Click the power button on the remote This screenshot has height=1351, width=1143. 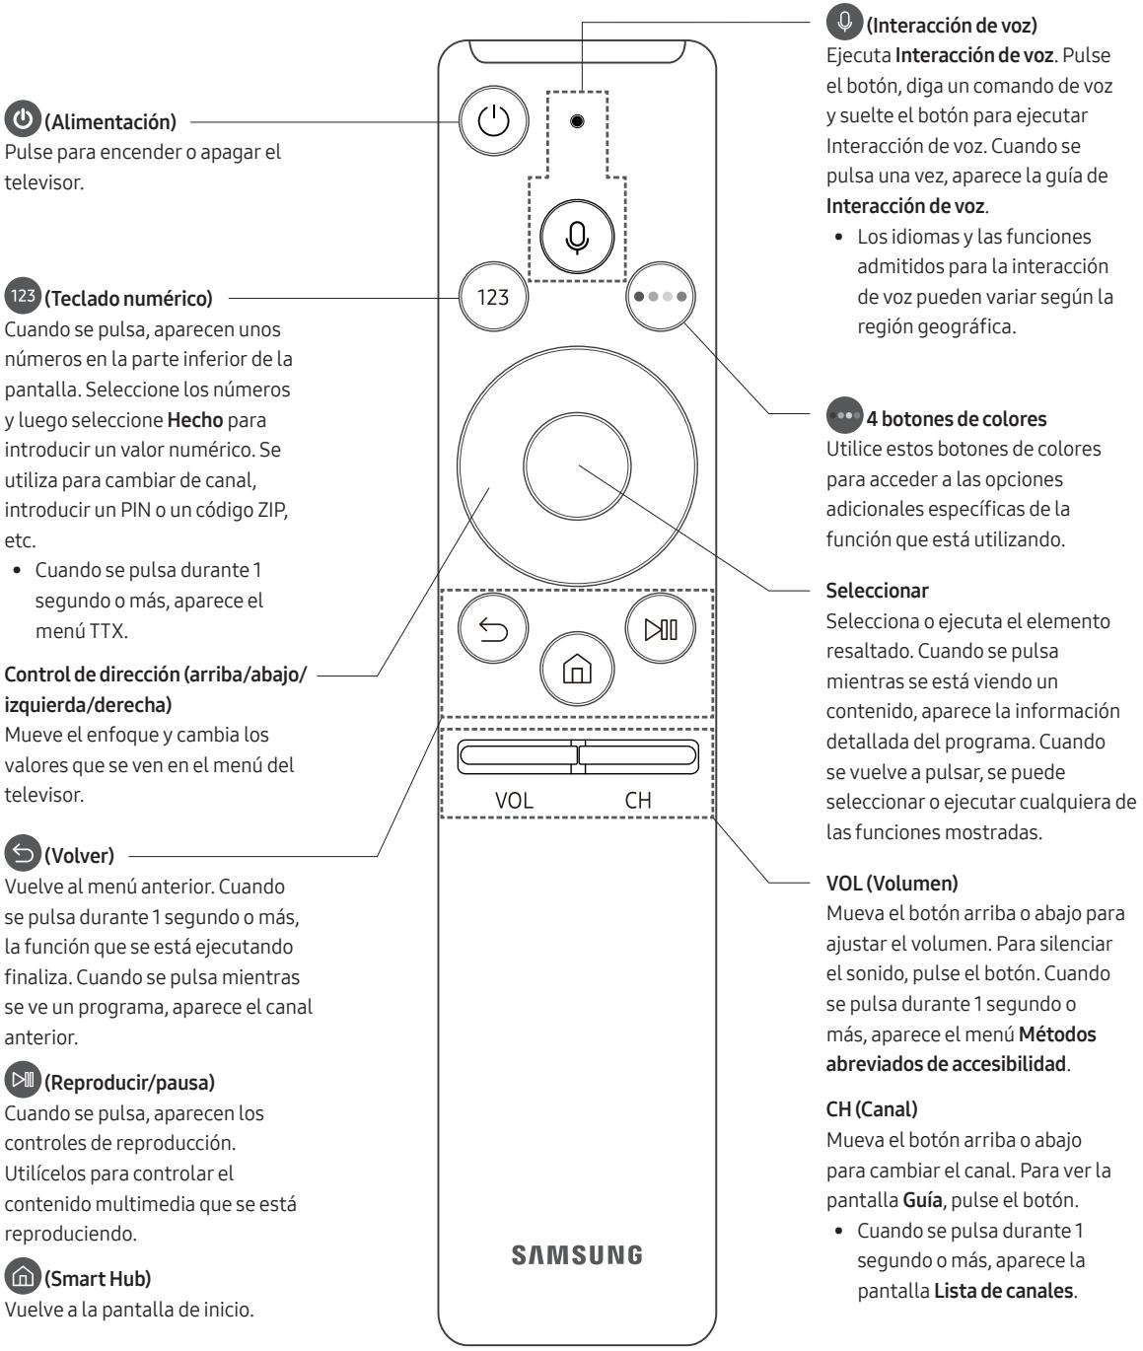click(494, 122)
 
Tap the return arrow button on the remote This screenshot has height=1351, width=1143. click(493, 629)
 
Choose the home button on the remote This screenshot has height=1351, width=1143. click(577, 674)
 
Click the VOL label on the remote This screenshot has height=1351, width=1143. click(514, 800)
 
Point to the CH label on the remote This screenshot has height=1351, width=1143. click(638, 800)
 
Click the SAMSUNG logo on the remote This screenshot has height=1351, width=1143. click(577, 1254)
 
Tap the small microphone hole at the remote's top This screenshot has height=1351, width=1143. click(577, 122)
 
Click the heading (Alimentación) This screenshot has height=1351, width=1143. click(110, 122)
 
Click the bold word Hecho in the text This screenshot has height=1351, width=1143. click(193, 419)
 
